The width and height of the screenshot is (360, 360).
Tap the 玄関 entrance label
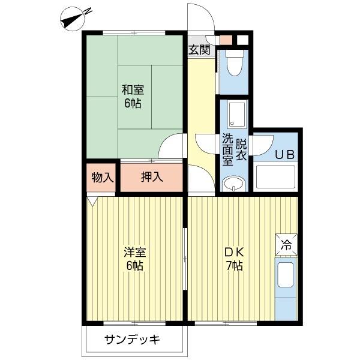[x=200, y=50]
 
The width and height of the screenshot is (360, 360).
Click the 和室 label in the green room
[x=133, y=90]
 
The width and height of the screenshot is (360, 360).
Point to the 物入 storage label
[x=103, y=177]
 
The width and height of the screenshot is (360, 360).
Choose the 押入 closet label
[x=151, y=177]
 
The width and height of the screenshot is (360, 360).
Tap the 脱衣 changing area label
[x=241, y=148]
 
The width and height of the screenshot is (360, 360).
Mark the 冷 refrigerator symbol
[x=286, y=245]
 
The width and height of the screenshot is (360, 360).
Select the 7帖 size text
[x=233, y=266]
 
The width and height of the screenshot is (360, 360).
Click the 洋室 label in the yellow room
[x=133, y=252]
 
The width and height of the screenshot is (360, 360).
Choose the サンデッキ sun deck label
[x=132, y=340]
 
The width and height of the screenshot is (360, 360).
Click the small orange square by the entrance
[x=225, y=40]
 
